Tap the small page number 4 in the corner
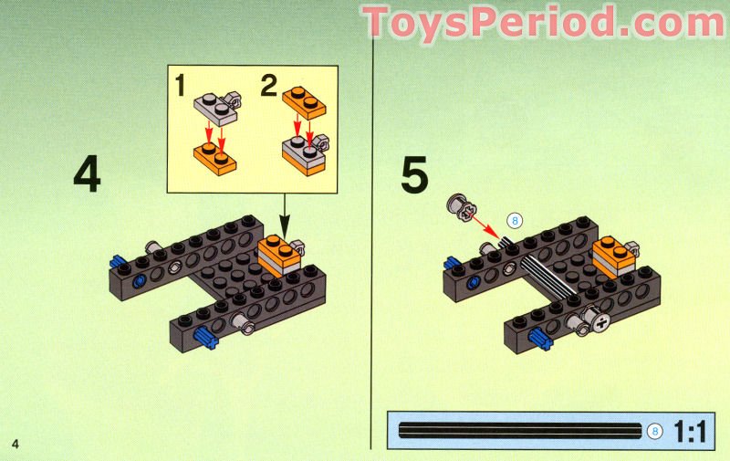tap(16, 444)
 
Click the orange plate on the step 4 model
tap(279, 249)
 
